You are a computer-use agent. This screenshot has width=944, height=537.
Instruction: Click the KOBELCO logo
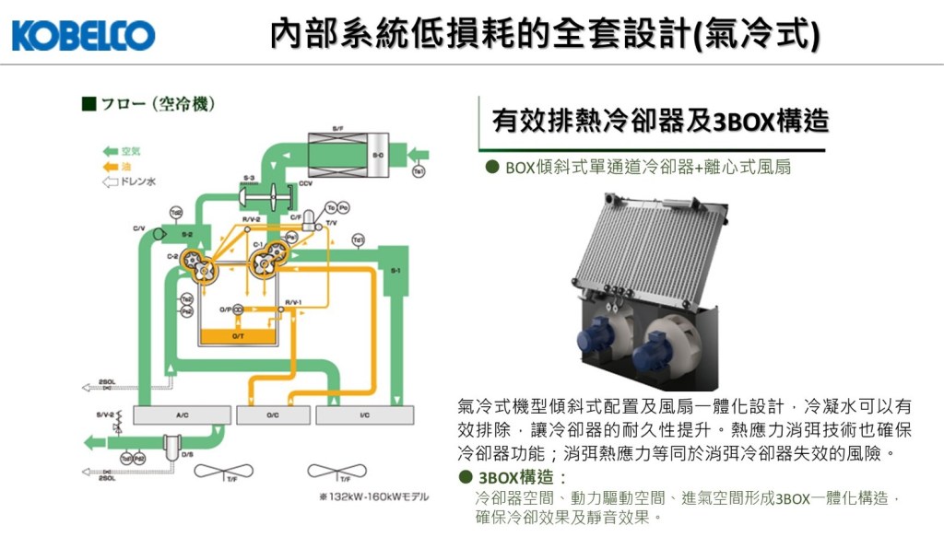click(83, 36)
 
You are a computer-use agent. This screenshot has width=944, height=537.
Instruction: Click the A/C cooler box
click(183, 414)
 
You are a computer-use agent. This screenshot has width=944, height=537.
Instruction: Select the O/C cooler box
click(273, 414)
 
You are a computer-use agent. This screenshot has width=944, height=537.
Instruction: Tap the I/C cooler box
click(365, 414)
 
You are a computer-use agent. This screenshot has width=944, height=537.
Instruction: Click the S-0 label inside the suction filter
click(377, 156)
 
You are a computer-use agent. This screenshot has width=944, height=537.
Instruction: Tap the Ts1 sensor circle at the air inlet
click(419, 171)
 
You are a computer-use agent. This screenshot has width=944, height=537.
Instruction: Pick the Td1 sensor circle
click(359, 240)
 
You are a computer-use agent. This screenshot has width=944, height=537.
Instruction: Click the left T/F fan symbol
click(218, 470)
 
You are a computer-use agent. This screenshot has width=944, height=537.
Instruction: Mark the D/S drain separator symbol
click(171, 447)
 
